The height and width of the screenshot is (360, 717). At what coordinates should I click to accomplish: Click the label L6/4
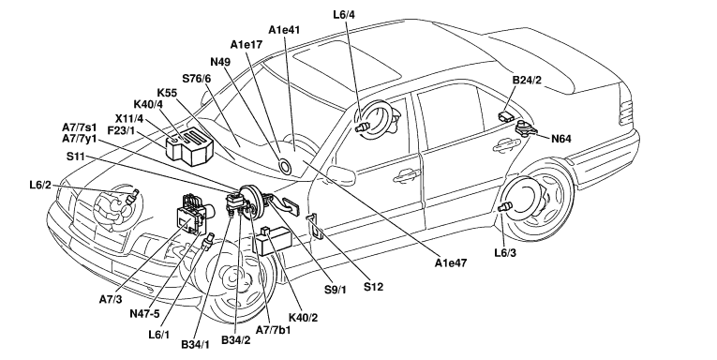[x=344, y=14]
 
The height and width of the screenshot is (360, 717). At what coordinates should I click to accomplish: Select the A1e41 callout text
[x=284, y=30]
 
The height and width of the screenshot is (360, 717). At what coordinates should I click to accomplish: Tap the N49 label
[x=220, y=62]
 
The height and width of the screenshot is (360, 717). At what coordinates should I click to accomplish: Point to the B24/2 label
[x=527, y=80]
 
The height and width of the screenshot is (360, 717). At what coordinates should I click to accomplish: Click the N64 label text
[x=561, y=139]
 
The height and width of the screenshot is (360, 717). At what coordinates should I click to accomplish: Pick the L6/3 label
[x=505, y=252]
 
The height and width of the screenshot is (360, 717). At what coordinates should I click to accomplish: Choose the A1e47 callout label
[x=451, y=263]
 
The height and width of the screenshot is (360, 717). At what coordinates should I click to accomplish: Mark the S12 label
[x=374, y=287]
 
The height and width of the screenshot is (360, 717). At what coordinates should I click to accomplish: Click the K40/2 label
[x=303, y=317]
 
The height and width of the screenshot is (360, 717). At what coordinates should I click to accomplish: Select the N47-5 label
[x=145, y=313]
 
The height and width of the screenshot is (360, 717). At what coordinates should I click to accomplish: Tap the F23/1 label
[x=121, y=130]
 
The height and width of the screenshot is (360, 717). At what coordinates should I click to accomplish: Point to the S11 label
[x=76, y=157]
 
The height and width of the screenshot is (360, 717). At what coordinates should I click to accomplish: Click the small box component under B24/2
[x=506, y=114]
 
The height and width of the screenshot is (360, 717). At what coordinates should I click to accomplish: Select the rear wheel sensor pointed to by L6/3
[x=504, y=208]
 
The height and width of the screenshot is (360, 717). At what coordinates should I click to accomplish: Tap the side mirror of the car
[x=341, y=175]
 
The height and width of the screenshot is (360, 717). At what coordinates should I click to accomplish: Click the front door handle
[x=407, y=175]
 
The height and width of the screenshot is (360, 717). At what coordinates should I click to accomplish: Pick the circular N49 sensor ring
[x=284, y=166]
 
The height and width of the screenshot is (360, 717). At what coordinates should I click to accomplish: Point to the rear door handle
[x=506, y=145]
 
